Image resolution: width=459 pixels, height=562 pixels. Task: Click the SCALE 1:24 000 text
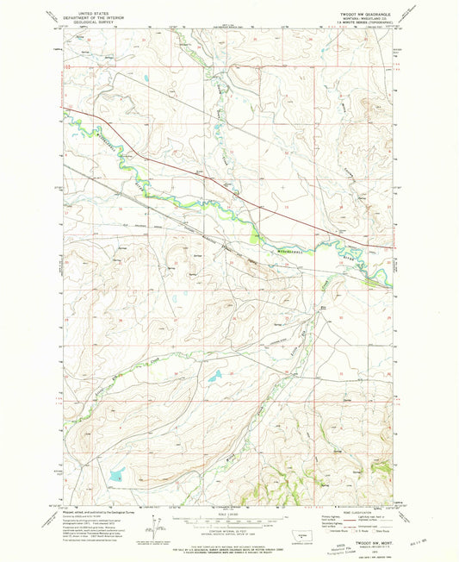(x=228, y=515)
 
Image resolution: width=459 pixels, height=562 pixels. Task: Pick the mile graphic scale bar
(x=228, y=520)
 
